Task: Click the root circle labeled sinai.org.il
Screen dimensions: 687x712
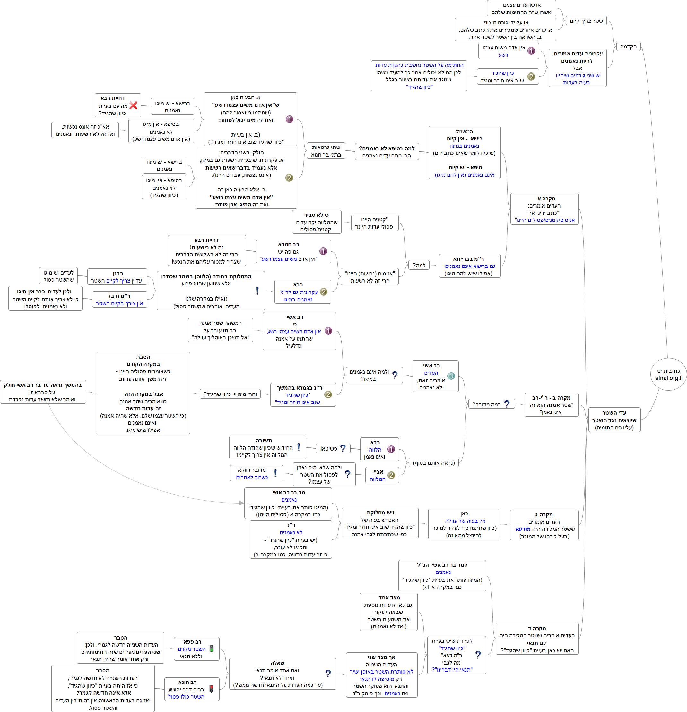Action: tap(668, 374)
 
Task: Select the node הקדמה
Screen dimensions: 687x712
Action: tap(628, 47)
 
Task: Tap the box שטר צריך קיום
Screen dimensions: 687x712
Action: tap(586, 21)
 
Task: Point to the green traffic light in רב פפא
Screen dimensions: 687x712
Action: tap(211, 649)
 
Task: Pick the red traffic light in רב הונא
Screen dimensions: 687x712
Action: tap(211, 689)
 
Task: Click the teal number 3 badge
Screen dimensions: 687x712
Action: tap(451, 376)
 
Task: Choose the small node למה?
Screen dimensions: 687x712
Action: tap(419, 265)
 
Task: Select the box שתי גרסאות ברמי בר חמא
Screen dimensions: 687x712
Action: tap(326, 151)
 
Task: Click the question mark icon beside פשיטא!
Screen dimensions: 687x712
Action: tap(343, 448)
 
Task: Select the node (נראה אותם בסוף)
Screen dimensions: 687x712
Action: tap(433, 463)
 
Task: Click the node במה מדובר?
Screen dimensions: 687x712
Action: tap(491, 404)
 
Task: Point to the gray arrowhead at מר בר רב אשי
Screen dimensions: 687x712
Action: tap(242, 503)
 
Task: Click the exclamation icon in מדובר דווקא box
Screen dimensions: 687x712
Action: tap(275, 473)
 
